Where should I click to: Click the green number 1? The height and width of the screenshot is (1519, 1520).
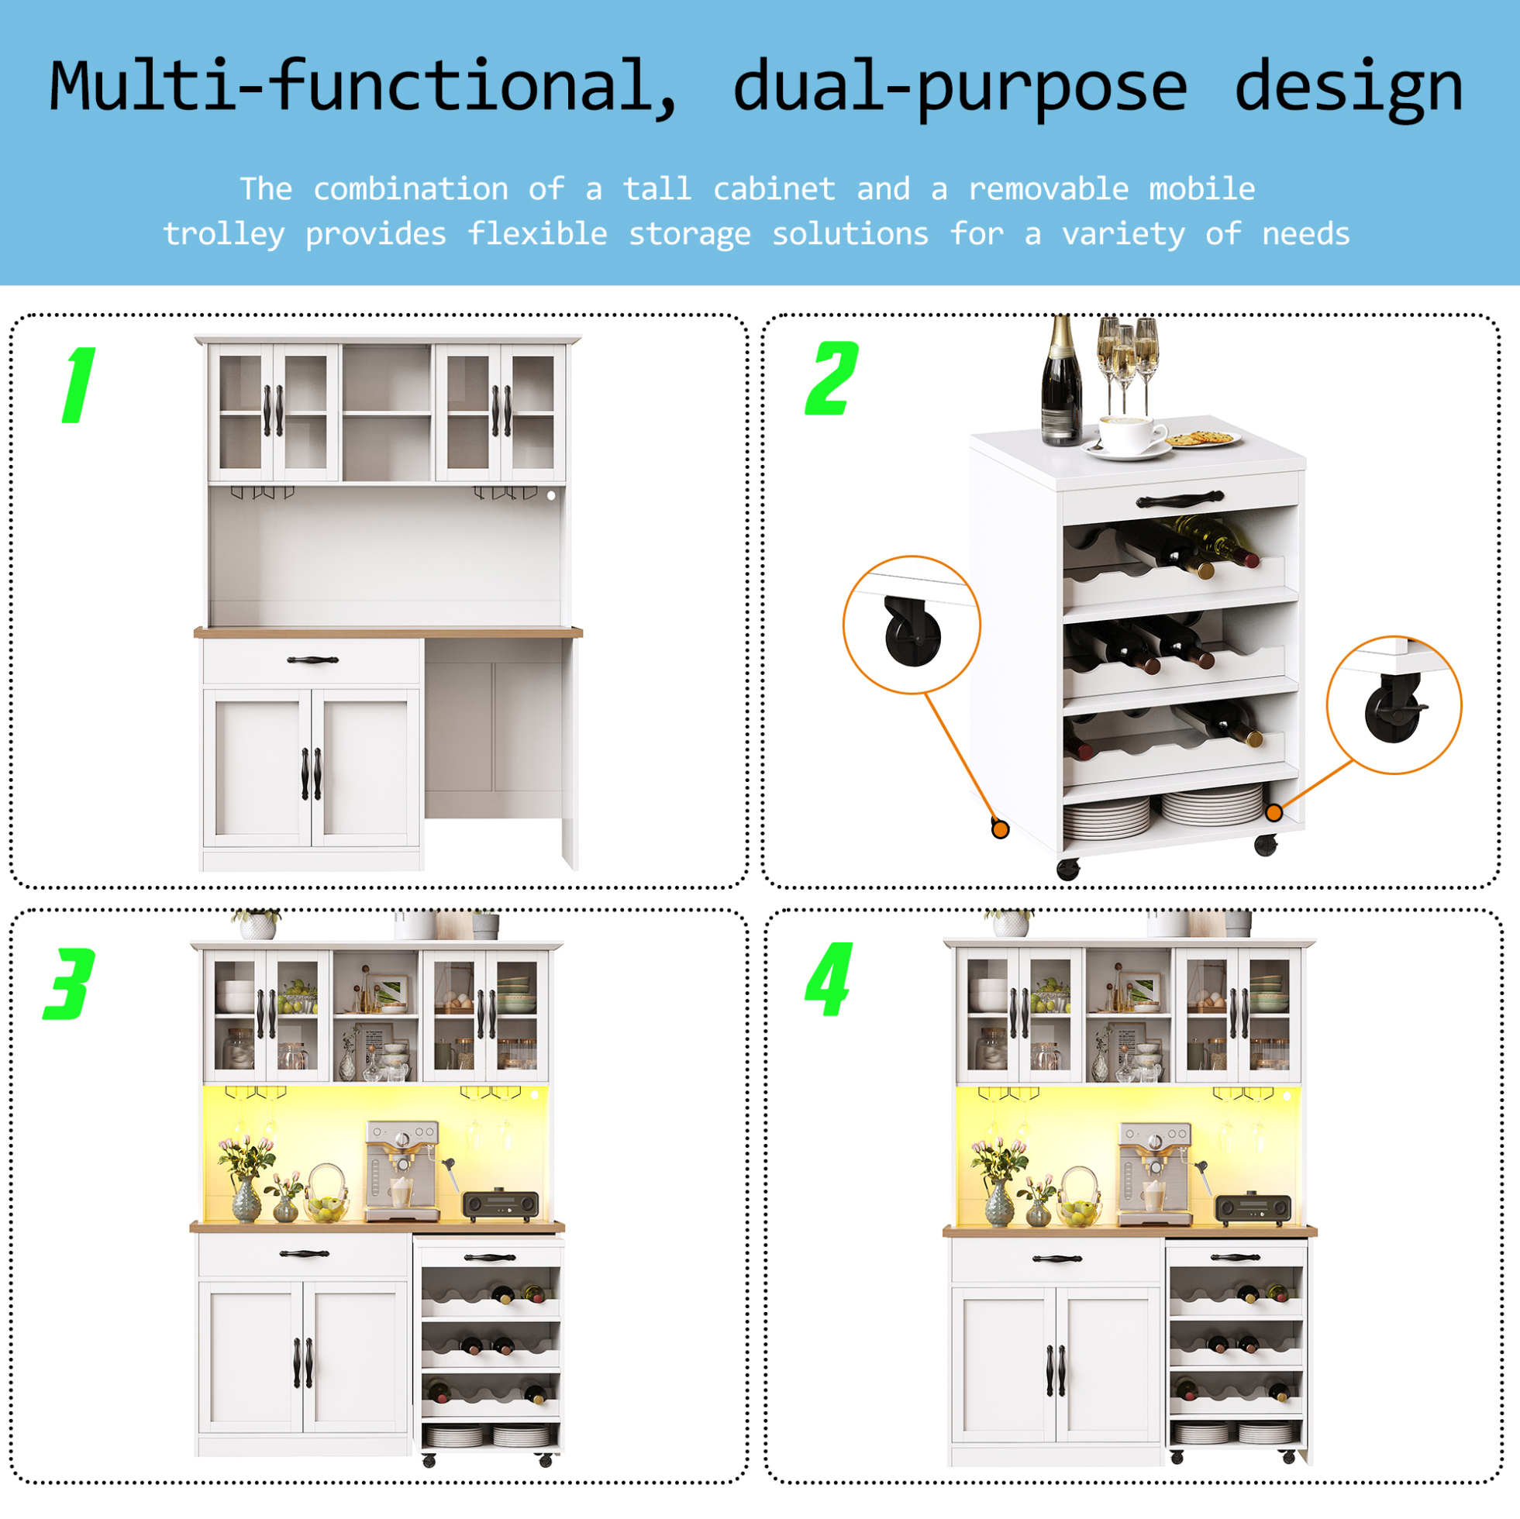click(x=80, y=385)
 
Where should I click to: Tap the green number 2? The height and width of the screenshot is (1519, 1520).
click(x=832, y=378)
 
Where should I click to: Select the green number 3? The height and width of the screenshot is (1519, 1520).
click(x=69, y=984)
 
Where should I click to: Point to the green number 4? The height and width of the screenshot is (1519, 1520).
click(x=829, y=980)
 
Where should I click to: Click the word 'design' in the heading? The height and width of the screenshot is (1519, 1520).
click(x=1349, y=88)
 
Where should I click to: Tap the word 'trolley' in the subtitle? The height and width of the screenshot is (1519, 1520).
click(x=224, y=233)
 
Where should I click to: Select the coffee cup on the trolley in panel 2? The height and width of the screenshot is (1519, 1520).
click(x=1132, y=435)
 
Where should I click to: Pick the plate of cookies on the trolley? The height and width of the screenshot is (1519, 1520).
click(x=1201, y=438)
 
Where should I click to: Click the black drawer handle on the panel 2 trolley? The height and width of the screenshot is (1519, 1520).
click(x=1180, y=499)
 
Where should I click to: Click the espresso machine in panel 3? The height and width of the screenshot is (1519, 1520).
click(x=402, y=1171)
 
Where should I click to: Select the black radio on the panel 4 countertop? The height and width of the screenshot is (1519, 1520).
click(x=1253, y=1208)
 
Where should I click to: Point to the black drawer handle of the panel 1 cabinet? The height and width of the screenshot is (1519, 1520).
click(x=312, y=660)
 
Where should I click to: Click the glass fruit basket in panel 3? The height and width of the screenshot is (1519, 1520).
click(x=325, y=1194)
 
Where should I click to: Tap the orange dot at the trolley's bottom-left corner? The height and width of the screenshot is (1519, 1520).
click(x=1000, y=829)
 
